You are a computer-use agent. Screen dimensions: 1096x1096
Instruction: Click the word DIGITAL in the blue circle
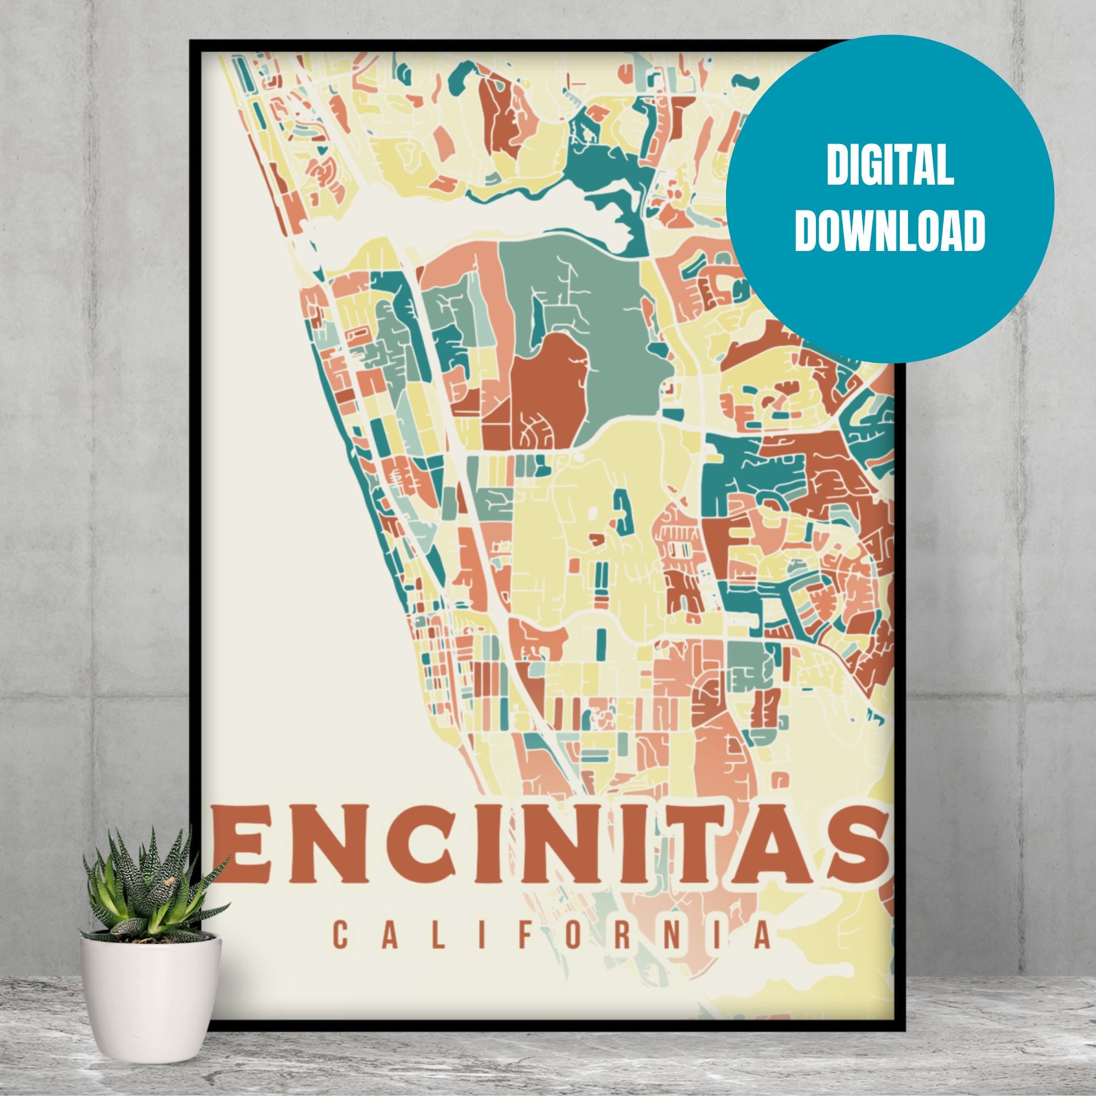(x=889, y=167)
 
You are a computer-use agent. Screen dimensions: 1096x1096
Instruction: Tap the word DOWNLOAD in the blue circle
(x=889, y=232)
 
